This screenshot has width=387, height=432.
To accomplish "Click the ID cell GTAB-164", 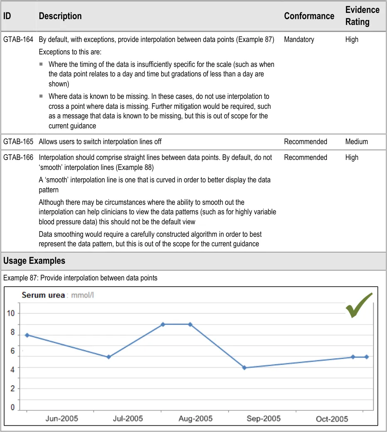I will click(x=18, y=40).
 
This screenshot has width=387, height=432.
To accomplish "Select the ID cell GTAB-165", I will click(x=18, y=142).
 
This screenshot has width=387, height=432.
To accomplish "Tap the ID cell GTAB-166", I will click(x=18, y=157).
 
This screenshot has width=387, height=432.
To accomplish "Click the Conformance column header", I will click(x=309, y=16).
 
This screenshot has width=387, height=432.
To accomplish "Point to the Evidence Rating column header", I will click(x=362, y=16).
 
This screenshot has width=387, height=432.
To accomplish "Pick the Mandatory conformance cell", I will click(x=299, y=40).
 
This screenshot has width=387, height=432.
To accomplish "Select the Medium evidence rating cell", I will click(x=356, y=142).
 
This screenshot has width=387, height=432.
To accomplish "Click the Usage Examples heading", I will click(x=34, y=261).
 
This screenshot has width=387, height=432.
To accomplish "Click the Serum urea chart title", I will click(x=43, y=295).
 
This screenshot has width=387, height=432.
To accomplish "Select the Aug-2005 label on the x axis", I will click(x=195, y=419).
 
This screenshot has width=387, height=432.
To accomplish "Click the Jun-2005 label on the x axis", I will click(x=61, y=419).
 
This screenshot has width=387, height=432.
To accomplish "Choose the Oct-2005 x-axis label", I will click(x=332, y=419).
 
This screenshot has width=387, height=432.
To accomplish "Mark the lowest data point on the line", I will click(x=244, y=368).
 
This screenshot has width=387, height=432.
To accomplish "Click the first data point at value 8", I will click(x=27, y=335).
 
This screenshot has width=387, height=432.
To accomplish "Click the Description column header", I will click(x=60, y=16).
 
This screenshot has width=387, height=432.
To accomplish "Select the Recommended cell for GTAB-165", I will click(x=305, y=142).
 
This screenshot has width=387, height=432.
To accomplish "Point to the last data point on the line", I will click(x=366, y=357).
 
